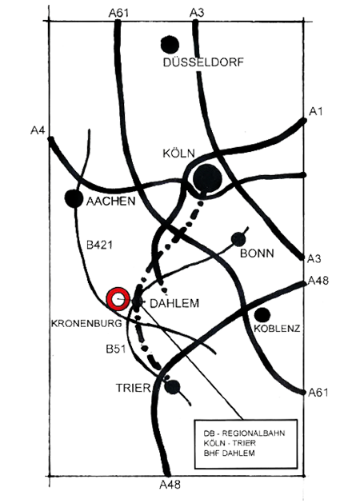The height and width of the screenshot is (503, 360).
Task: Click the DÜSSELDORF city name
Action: click(203, 62)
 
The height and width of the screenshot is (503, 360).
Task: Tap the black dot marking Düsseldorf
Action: click(170, 45)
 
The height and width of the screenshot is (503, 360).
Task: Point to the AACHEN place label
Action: click(111, 202)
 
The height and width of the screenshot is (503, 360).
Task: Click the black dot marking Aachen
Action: click(74, 198)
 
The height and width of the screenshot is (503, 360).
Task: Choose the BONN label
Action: click(257, 253)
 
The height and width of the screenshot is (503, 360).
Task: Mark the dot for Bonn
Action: click(238, 239)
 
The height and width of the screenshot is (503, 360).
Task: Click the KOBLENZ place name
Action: click(278, 329)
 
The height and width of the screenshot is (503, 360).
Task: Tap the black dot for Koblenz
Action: click(262, 315)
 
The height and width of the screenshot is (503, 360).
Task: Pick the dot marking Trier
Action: click(172, 387)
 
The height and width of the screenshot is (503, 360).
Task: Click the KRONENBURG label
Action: click(86, 323)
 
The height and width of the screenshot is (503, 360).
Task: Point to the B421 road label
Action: click(100, 245)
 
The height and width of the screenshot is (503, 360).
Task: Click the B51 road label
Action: click(116, 349)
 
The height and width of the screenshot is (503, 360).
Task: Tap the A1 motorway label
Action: click(316, 112)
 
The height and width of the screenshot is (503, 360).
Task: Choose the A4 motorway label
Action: click(38, 130)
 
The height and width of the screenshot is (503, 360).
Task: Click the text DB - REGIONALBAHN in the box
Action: click(244, 433)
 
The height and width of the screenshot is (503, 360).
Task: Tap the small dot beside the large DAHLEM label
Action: click(138, 301)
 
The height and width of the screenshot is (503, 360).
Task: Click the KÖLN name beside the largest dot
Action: click(178, 154)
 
